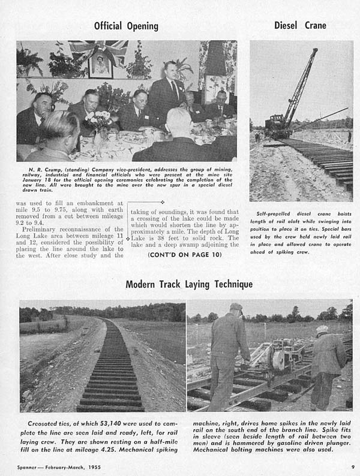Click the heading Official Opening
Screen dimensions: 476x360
coord(126,26)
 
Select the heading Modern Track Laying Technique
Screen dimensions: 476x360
coord(189,284)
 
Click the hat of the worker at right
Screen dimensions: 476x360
coord(323,329)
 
